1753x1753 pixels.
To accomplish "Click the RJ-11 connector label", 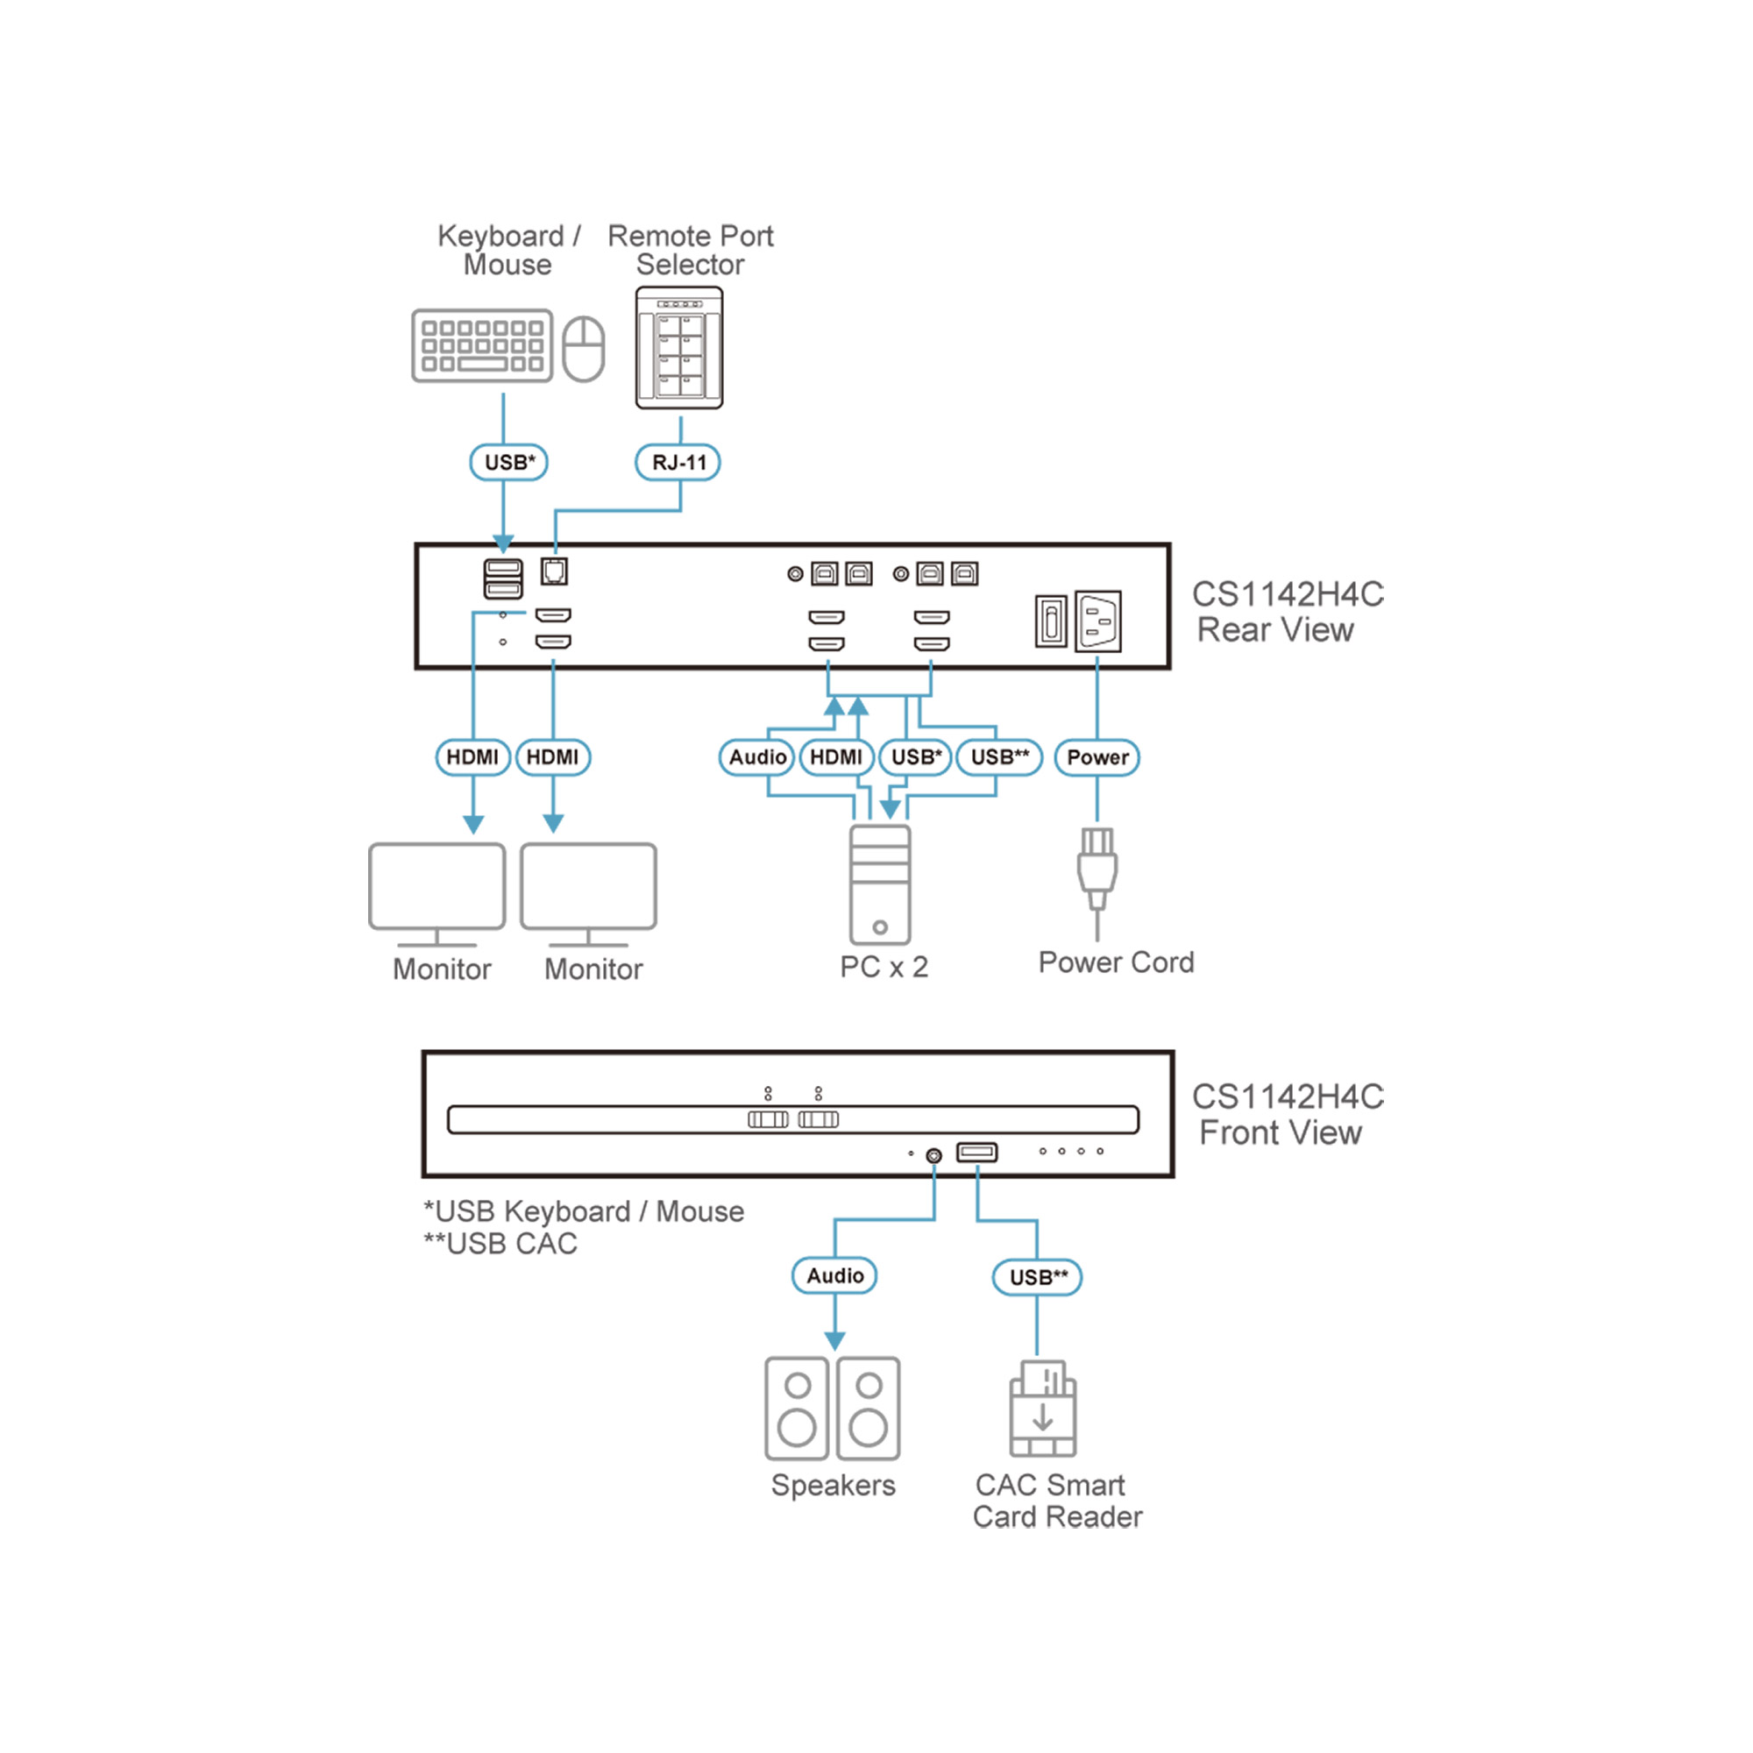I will (x=678, y=463).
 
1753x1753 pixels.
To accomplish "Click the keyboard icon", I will (x=482, y=345).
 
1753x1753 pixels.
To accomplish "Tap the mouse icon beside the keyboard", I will (x=584, y=349).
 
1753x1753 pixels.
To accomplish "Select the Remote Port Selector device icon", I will (x=679, y=347).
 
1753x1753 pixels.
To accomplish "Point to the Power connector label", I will (x=1097, y=757).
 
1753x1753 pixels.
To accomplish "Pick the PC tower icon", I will (x=880, y=884).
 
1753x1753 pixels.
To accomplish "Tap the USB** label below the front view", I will (x=1037, y=1278).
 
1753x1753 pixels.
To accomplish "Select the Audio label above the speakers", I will (x=834, y=1275).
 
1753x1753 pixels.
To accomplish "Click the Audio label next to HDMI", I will (x=757, y=757).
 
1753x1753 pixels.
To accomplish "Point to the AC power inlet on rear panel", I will (x=1098, y=621).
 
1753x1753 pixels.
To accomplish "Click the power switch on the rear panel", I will (x=1051, y=621).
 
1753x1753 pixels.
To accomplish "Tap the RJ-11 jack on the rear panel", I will (x=555, y=571).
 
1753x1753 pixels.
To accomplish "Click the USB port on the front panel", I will (x=977, y=1153).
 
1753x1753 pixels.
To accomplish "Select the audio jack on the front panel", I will (x=933, y=1156).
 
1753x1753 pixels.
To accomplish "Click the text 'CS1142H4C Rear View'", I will (x=1287, y=613).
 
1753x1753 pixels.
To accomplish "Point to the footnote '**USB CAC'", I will (x=500, y=1244).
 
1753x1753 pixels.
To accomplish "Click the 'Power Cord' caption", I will (x=1116, y=962).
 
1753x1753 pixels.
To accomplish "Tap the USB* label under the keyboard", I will (x=509, y=463).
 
